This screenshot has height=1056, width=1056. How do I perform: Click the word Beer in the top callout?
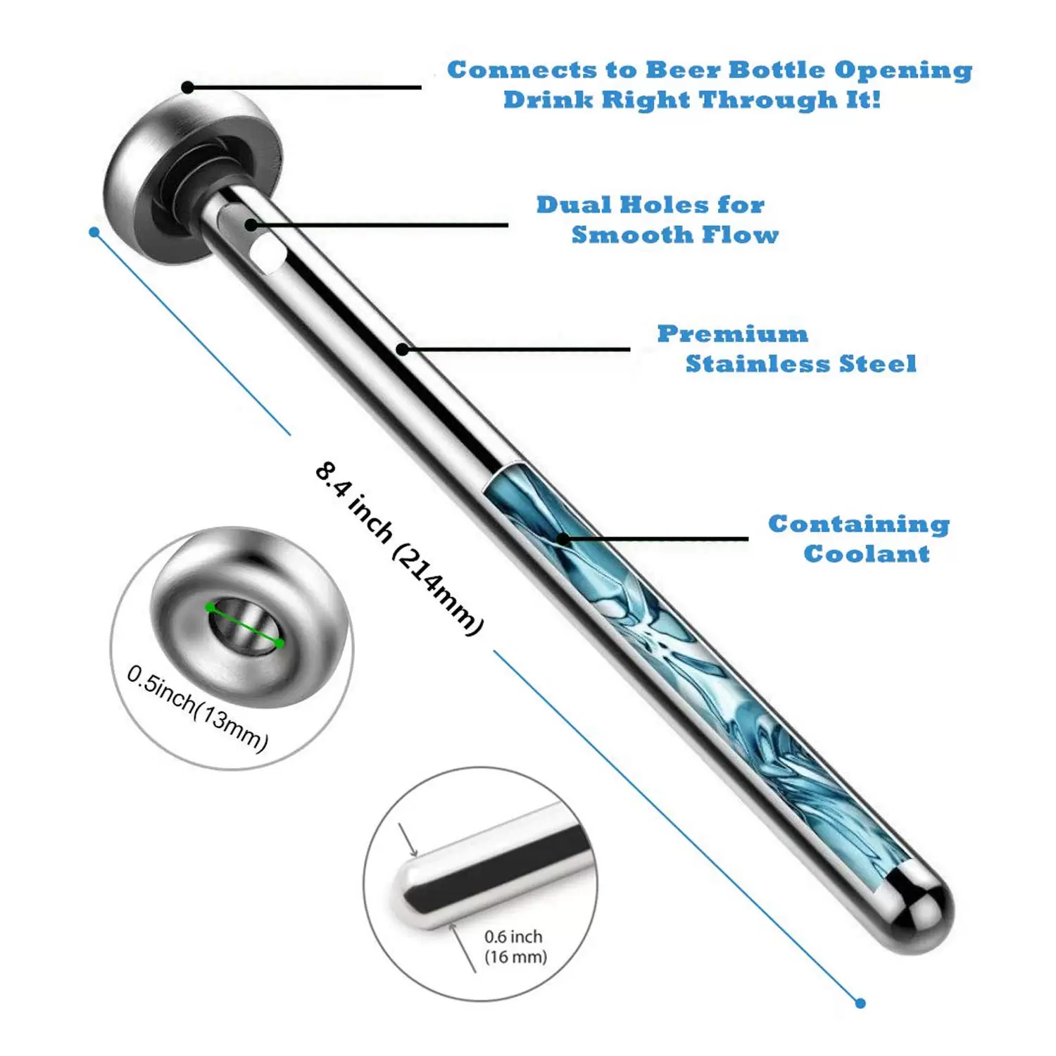tap(682, 70)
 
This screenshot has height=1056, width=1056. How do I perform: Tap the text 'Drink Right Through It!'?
tap(692, 99)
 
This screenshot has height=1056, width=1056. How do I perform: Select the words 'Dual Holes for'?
tap(650, 205)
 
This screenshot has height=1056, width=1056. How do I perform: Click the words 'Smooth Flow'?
tap(675, 234)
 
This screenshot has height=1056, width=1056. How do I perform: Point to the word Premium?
tap(733, 334)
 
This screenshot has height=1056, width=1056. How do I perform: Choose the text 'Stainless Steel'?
tap(801, 363)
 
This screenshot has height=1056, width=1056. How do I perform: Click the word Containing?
tap(859, 524)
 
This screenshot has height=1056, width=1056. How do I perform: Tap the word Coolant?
tap(867, 553)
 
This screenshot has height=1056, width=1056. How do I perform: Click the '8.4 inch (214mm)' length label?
tap(399, 548)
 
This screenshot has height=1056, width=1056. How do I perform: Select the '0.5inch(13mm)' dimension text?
tap(198, 708)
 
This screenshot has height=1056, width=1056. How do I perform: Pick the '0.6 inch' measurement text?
tap(513, 936)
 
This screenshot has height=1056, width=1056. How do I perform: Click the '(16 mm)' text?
tap(515, 957)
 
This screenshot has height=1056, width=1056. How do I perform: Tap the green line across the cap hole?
tap(245, 625)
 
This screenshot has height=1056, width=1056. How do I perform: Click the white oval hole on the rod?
tap(268, 253)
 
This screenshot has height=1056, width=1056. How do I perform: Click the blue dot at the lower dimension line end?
tap(860, 1003)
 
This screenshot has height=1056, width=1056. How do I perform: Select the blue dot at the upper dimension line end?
tap(94, 232)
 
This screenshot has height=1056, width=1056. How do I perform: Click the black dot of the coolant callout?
tap(563, 540)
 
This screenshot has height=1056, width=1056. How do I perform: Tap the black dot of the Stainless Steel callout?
tap(402, 349)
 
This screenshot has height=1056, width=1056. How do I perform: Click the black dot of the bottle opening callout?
tap(187, 87)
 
